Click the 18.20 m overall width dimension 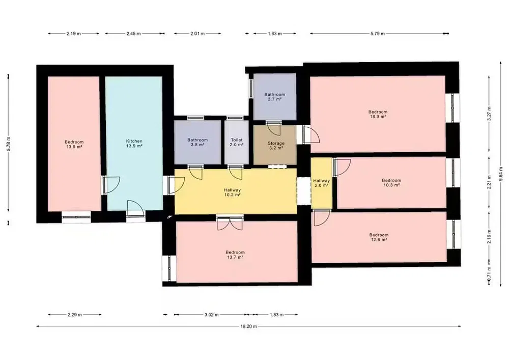coord(249,326)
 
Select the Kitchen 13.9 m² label coord(134,144)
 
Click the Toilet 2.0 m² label coord(237,142)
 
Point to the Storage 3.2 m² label coord(276,146)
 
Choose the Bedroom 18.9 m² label coord(378,114)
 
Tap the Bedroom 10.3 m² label coord(391,183)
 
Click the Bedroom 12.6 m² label coord(379,237)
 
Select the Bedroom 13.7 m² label coord(235,255)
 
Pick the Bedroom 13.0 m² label coord(74,144)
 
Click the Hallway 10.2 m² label coord(233,192)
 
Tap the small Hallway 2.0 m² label coord(321,183)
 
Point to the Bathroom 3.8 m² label coord(197,142)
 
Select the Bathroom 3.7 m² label coord(275,97)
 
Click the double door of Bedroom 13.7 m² coord(230,223)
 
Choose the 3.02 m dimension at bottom coord(211,314)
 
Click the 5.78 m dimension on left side coord(9,143)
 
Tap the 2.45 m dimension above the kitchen coord(134,34)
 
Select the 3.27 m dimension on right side coord(489,113)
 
